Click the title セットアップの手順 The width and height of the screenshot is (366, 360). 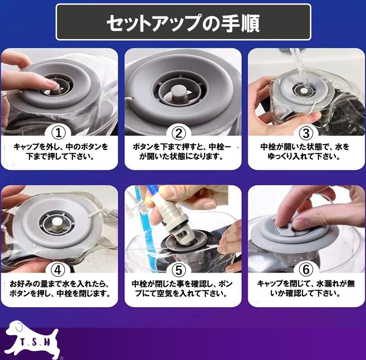(183, 23)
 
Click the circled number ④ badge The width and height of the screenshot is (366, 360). (58, 270)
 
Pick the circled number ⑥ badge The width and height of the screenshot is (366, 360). (306, 270)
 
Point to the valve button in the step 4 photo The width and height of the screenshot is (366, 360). (57, 224)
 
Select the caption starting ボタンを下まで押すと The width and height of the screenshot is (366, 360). (182, 151)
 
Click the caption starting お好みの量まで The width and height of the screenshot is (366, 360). (60, 289)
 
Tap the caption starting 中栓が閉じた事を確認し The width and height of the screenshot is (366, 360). (182, 289)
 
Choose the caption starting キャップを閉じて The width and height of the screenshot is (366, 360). (306, 289)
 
